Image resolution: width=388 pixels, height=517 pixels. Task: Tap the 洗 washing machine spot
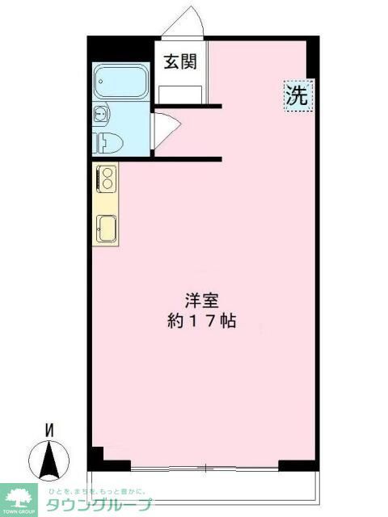point(296,96)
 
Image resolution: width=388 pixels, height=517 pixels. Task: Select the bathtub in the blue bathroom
point(120,82)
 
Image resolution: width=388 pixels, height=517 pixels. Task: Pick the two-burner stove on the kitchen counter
point(105,179)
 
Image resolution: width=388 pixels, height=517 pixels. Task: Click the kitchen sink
point(106,229)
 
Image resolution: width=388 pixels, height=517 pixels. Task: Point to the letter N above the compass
point(48,431)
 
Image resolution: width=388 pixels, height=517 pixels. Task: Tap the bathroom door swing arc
point(162,128)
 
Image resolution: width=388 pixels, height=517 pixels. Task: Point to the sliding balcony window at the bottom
point(206,468)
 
